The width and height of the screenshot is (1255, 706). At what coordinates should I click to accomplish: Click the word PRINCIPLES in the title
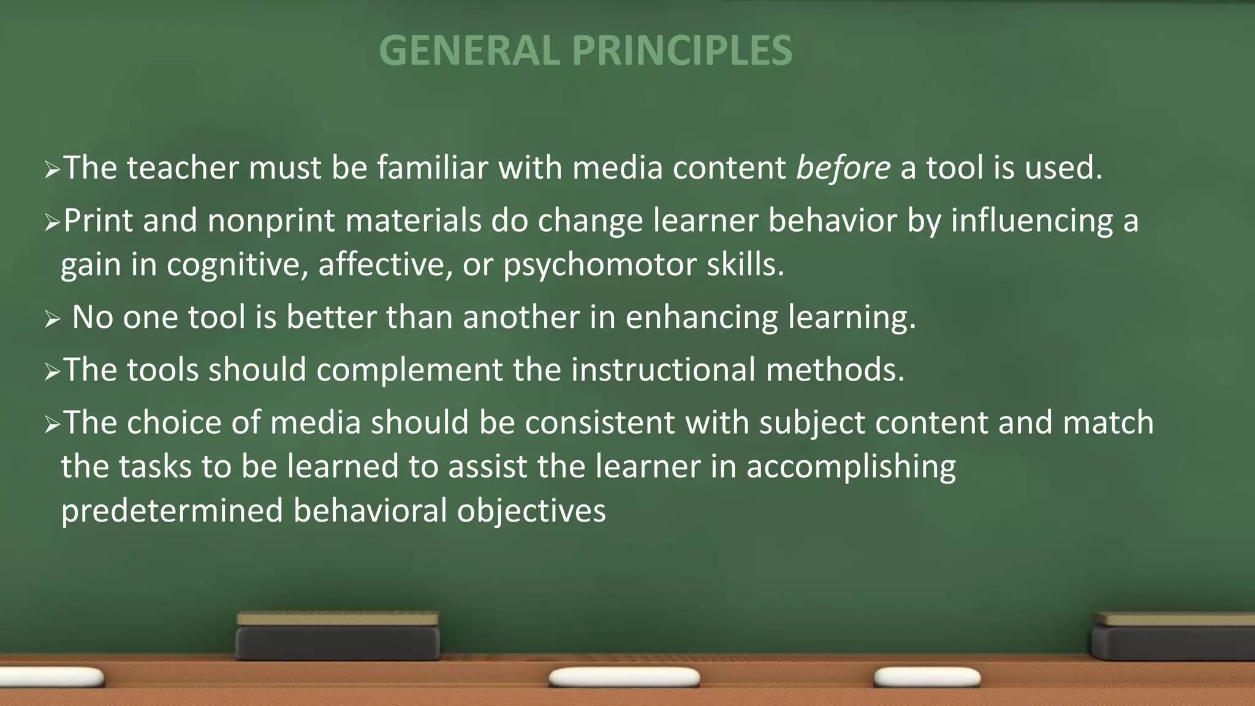coord(682,50)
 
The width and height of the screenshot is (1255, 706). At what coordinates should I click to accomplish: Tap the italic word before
coord(843,168)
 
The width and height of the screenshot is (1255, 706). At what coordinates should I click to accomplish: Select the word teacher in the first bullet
coord(183,168)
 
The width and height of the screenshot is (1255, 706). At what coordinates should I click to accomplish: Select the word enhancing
coord(701,317)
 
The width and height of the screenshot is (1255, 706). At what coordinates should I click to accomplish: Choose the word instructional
coord(664,370)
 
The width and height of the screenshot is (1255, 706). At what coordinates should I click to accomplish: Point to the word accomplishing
coord(851,467)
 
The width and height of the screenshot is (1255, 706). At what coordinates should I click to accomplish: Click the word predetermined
coord(172,511)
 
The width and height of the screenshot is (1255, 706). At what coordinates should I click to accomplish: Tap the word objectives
coord(531,511)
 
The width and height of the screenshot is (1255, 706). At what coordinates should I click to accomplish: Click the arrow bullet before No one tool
coord(52,319)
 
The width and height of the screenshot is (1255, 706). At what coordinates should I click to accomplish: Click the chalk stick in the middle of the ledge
coord(624,678)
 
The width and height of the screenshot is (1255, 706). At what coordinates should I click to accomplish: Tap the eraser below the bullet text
coord(338,636)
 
